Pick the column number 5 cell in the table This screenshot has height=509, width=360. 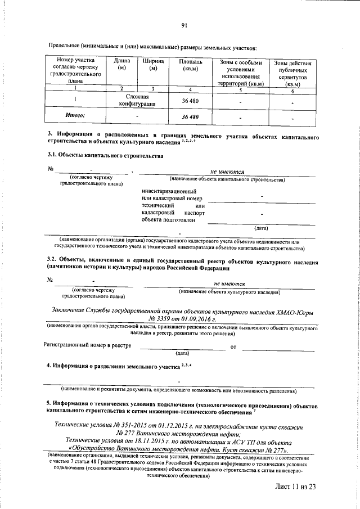click(x=241, y=90)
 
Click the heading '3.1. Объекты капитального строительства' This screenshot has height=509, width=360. click(x=105, y=155)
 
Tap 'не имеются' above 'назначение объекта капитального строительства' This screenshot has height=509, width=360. click(x=227, y=172)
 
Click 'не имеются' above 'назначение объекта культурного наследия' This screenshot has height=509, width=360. click(x=229, y=285)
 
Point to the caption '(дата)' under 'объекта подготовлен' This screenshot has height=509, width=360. click(x=261, y=228)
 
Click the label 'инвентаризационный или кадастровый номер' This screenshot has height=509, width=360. click(x=172, y=196)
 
